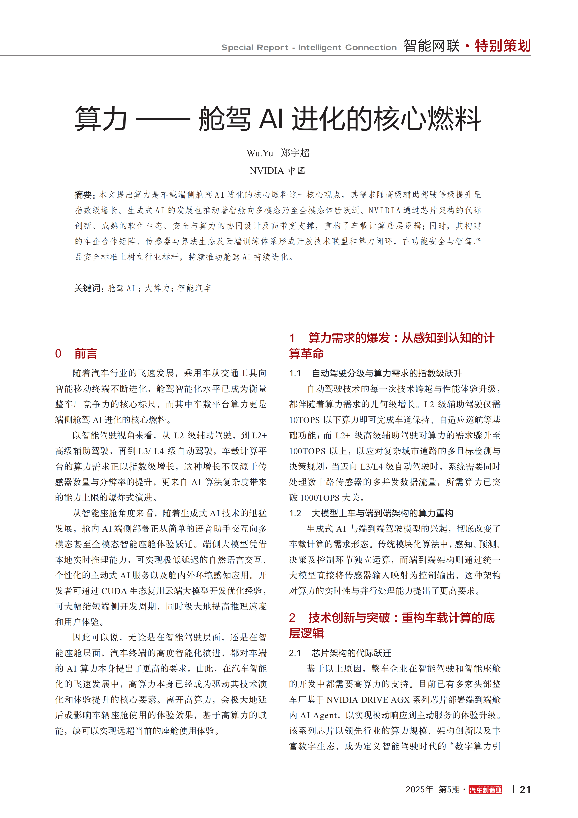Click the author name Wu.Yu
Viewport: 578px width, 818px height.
260,153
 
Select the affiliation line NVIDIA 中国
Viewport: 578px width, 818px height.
277,171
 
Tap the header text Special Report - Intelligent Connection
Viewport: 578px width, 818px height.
309,47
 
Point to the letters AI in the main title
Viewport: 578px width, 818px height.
271,119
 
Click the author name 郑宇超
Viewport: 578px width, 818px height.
295,153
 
